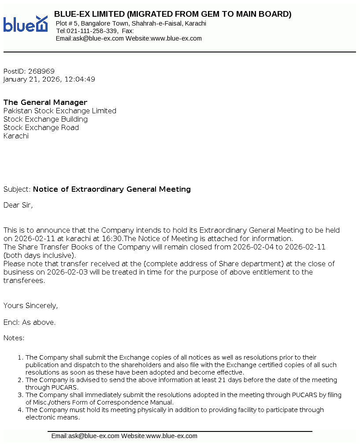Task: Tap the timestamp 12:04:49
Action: click(x=80, y=79)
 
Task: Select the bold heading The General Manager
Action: click(x=45, y=102)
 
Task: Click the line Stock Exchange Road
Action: click(x=41, y=127)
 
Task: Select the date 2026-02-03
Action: click(x=59, y=272)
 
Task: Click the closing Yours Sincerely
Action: click(x=30, y=305)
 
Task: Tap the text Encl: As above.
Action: click(x=30, y=322)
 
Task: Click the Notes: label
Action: click(x=14, y=338)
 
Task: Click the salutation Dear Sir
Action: click(x=18, y=205)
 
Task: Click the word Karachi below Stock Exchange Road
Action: click(x=16, y=136)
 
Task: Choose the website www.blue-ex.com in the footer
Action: click(x=171, y=436)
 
